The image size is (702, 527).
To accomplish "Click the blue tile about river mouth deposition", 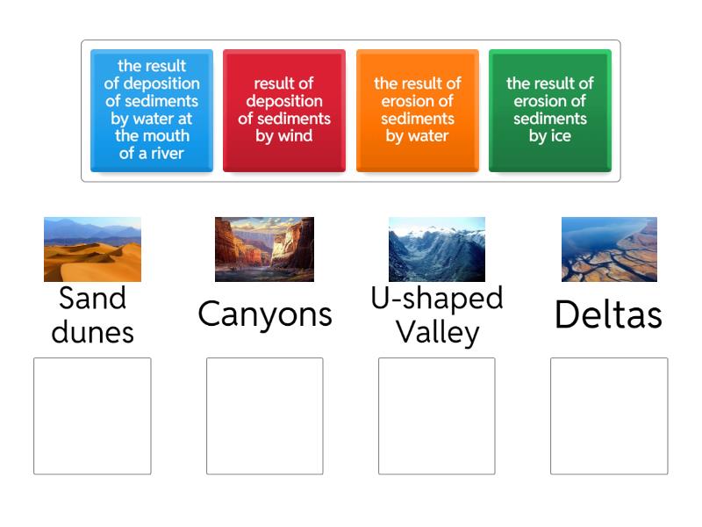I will pos(152,110).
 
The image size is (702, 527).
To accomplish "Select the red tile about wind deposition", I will pos(284,110).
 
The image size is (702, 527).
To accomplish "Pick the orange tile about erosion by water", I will pos(417,110).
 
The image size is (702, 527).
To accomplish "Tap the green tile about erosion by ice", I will pos(549,110).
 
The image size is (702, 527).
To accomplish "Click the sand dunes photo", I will pos(92,249).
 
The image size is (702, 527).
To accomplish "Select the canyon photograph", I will pos(264,249).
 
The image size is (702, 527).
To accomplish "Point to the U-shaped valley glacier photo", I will pos(436,249).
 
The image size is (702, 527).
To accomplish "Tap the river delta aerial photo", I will pos(609,249).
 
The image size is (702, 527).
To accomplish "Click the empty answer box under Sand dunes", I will pos(92,416).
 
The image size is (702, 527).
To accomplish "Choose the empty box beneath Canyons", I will pos(264,416).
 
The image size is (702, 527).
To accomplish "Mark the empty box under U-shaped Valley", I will pos(436,416).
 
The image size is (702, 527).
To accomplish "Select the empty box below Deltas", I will pos(609,416).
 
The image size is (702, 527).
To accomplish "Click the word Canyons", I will pos(264,314).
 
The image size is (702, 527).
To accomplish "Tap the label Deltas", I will pos(609,314).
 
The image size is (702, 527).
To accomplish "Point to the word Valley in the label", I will pos(436,332).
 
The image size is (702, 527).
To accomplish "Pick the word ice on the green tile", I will pos(562,136).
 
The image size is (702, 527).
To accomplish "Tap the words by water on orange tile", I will pos(417,136).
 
